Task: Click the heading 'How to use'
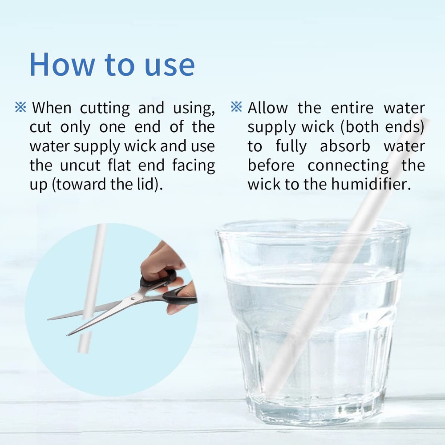tap(112, 64)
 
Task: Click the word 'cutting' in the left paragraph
tap(105, 108)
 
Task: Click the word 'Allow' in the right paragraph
tap(267, 108)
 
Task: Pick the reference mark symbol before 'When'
tap(20, 107)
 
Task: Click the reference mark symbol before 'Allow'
tap(236, 107)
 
